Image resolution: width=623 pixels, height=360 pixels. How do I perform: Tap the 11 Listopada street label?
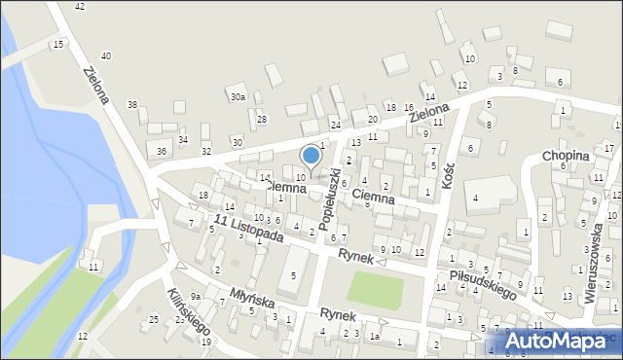tap(248, 230)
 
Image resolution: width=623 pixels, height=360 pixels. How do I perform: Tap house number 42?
tap(80, 7)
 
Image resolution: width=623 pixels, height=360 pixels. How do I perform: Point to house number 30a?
tap(238, 97)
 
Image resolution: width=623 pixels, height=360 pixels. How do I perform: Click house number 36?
tap(162, 151)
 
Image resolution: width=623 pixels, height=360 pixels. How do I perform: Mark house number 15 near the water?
tap(59, 45)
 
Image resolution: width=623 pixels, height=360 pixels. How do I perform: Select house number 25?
tap(153, 319)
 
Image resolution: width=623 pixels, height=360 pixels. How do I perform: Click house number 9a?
tap(196, 296)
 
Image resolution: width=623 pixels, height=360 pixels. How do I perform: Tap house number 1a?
tap(374, 337)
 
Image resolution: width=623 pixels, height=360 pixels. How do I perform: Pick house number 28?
tap(262, 119)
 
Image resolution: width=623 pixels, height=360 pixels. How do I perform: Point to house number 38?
tap(132, 104)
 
